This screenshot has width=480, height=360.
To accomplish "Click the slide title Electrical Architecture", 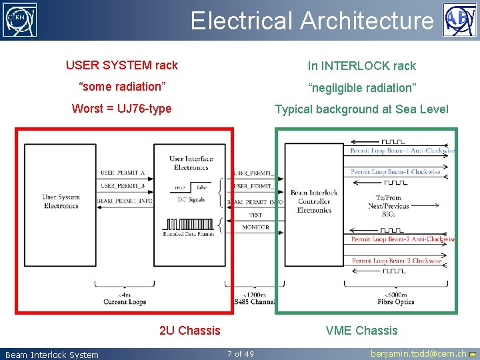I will pyautogui.click(x=311, y=21).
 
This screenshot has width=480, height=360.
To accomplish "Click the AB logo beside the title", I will pyautogui.click(x=459, y=19).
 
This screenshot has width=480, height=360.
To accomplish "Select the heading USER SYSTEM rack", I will pyautogui.click(x=121, y=65).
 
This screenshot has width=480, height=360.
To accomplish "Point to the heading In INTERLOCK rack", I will pyautogui.click(x=361, y=66).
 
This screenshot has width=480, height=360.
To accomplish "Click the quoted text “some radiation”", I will pyautogui.click(x=121, y=87).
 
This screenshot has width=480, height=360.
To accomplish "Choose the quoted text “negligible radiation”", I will pyautogui.click(x=361, y=87).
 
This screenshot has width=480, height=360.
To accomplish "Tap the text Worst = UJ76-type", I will pyautogui.click(x=121, y=109).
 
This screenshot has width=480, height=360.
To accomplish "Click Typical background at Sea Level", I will pyautogui.click(x=361, y=109).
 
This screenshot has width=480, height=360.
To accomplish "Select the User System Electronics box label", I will pyautogui.click(x=61, y=201).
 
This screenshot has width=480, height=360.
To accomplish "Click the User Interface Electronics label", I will pyautogui.click(x=191, y=163).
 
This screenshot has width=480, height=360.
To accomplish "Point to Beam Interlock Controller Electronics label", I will pyautogui.click(x=313, y=201).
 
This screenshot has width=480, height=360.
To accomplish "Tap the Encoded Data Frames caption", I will pyautogui.click(x=189, y=235).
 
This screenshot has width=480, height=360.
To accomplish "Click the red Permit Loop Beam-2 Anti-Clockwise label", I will pyautogui.click(x=403, y=239).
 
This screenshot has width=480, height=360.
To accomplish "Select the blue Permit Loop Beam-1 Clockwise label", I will pyautogui.click(x=395, y=172).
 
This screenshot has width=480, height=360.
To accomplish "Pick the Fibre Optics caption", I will pyautogui.click(x=396, y=302).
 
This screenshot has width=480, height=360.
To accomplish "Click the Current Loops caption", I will pyautogui.click(x=124, y=302).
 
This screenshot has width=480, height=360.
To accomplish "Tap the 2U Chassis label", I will pyautogui.click(x=189, y=331).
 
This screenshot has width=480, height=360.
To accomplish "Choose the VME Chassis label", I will pyautogui.click(x=361, y=331).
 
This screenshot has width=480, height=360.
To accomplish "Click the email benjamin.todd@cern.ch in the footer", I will pyautogui.click(x=419, y=354).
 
